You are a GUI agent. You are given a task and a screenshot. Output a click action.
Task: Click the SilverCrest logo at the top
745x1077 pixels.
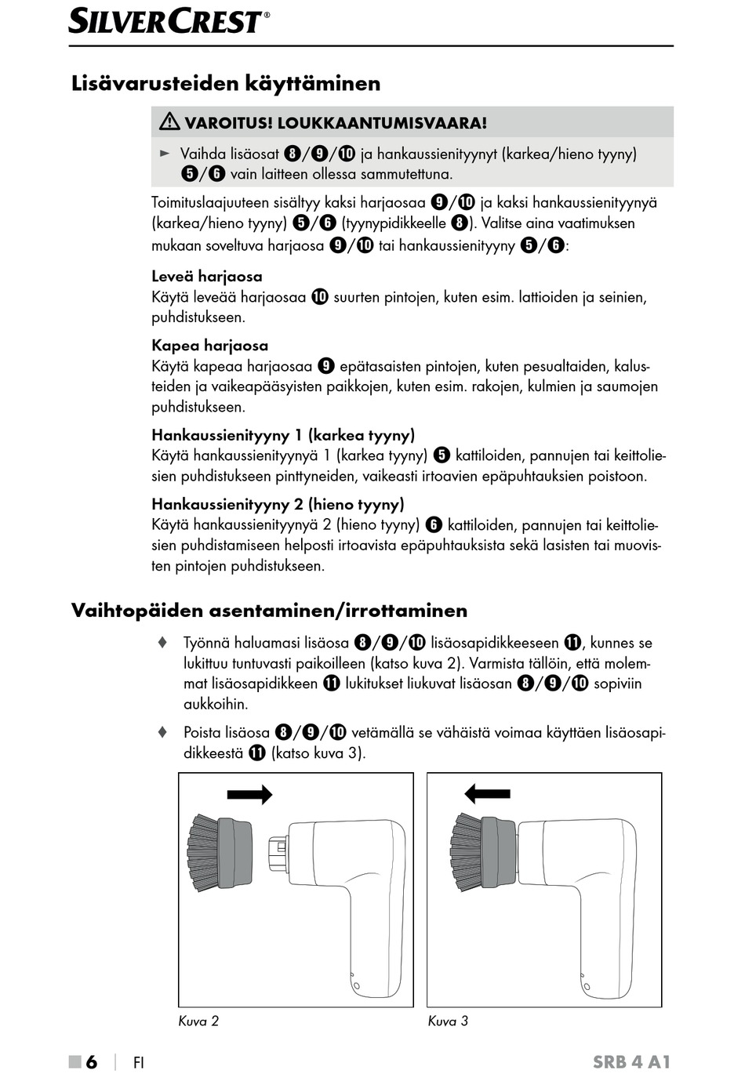(x=168, y=21)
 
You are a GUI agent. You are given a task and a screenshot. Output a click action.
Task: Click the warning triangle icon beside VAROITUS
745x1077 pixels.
(x=169, y=121)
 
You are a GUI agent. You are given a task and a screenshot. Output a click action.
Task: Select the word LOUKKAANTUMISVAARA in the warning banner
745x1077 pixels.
(x=382, y=122)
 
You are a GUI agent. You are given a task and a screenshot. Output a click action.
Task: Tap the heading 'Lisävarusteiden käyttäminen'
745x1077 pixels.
(x=226, y=83)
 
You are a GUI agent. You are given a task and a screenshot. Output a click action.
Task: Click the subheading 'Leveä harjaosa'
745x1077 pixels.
(x=207, y=276)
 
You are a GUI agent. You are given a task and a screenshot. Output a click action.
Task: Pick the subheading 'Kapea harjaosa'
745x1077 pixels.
(x=209, y=345)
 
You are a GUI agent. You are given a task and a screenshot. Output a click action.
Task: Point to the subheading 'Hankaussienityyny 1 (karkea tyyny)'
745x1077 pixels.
(x=283, y=435)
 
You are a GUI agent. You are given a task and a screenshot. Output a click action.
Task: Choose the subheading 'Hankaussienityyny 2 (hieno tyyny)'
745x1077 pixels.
(x=278, y=504)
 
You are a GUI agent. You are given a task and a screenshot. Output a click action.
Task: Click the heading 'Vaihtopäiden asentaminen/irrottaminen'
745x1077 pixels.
(x=269, y=611)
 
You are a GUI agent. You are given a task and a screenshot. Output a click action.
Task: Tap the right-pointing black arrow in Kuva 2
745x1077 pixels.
(x=249, y=795)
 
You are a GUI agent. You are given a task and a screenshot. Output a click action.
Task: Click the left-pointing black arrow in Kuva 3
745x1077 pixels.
(x=487, y=794)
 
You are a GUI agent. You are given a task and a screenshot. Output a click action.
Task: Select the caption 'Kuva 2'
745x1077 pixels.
(x=198, y=1021)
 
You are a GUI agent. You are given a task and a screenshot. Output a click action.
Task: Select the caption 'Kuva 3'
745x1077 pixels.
(x=448, y=1021)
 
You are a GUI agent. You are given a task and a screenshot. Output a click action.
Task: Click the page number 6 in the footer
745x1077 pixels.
(x=92, y=1062)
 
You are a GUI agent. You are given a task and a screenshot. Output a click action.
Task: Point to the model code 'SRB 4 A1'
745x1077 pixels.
(x=631, y=1062)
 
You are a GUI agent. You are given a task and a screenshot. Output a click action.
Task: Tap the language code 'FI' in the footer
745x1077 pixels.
(x=139, y=1063)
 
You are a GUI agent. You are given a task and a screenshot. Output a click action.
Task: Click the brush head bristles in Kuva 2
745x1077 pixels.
(x=203, y=853)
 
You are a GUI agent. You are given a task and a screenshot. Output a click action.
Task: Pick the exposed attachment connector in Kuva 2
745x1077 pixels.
(x=278, y=852)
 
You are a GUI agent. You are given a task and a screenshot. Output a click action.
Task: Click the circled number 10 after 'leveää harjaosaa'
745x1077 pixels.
(x=319, y=297)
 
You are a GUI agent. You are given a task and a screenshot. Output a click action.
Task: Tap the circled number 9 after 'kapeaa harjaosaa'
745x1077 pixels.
(x=326, y=366)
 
